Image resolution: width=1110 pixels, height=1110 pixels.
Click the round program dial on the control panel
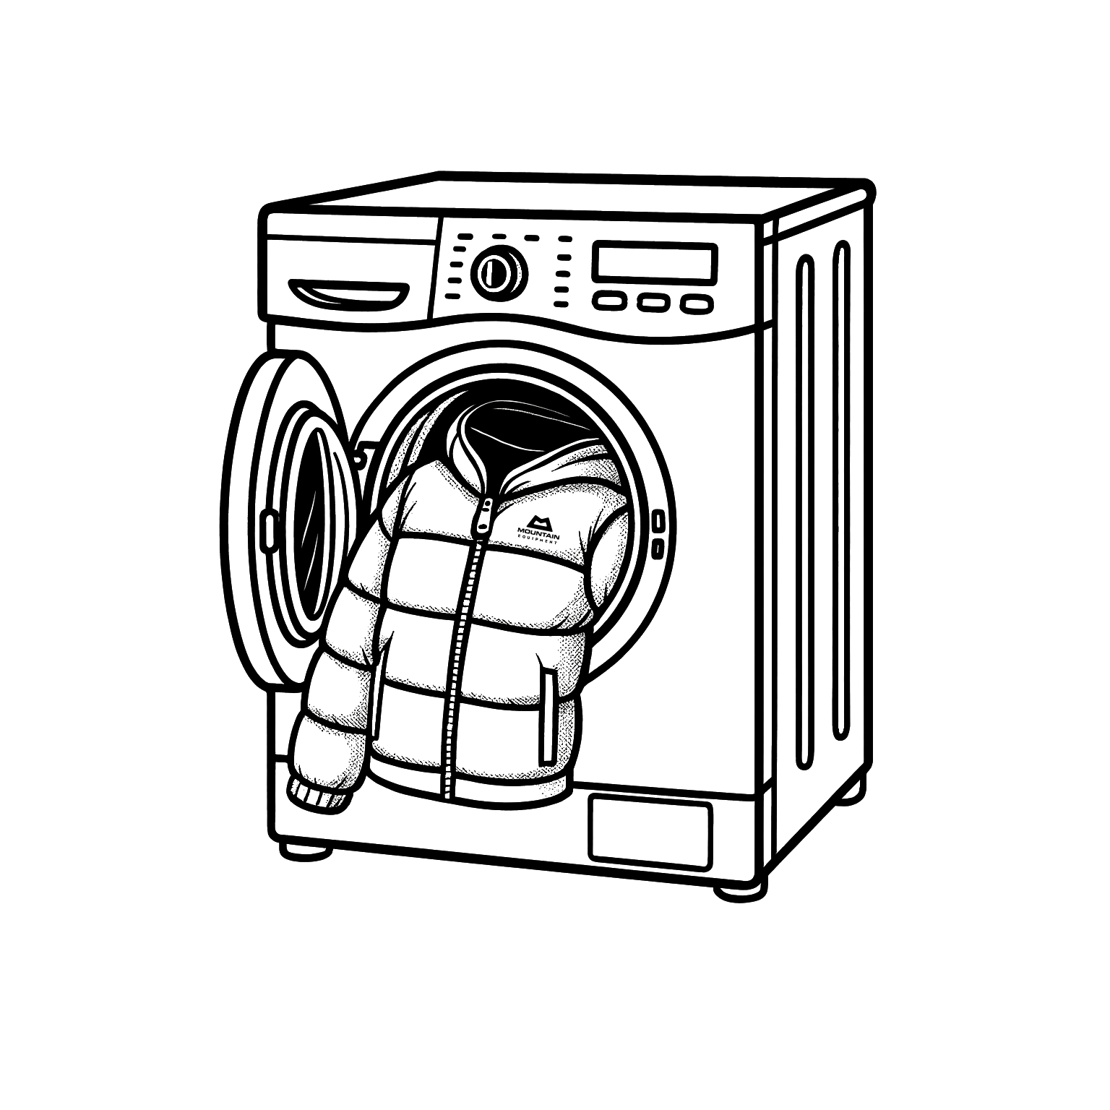499,272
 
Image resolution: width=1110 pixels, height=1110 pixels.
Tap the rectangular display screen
655,262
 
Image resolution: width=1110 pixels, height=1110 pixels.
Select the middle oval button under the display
653,303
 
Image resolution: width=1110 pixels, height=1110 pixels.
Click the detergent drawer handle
348,293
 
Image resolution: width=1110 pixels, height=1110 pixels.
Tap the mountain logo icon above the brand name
539,520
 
